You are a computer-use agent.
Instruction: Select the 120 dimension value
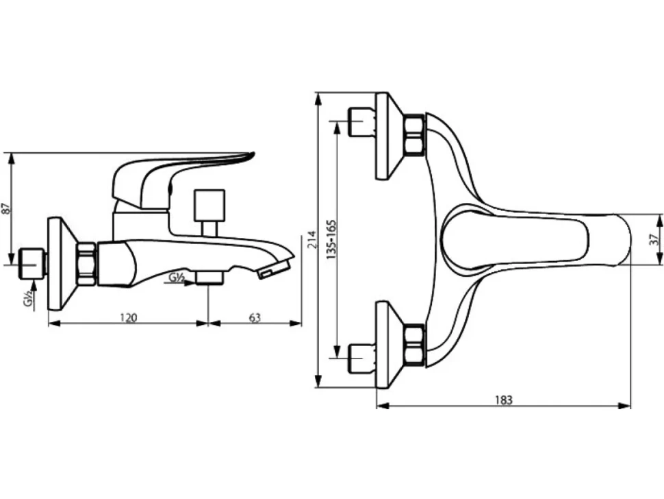(128, 317)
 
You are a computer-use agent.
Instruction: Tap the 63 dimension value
(255, 317)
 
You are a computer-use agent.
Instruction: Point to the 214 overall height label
(312, 240)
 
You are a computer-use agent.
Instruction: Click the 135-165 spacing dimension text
(332, 239)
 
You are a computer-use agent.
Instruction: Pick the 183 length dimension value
(504, 400)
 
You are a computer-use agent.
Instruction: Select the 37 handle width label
(654, 239)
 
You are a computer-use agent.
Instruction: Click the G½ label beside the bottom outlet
(176, 278)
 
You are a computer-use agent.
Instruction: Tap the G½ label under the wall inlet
(28, 300)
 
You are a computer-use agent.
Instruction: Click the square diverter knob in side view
(209, 205)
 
